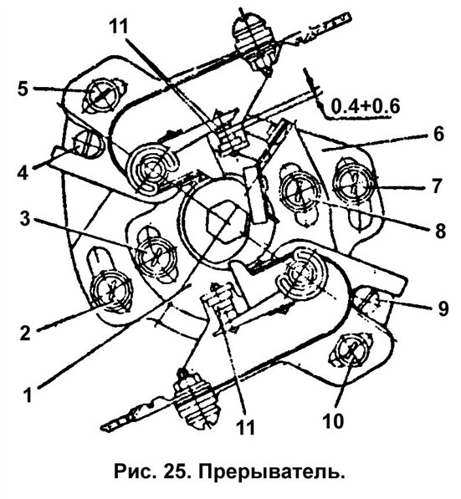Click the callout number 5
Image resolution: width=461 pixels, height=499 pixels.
pyautogui.click(x=23, y=89)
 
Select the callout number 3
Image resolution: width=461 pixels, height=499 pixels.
pyautogui.click(x=25, y=219)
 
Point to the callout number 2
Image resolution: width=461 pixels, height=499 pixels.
pyautogui.click(x=25, y=333)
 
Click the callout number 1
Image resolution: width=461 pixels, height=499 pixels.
pyautogui.click(x=28, y=395)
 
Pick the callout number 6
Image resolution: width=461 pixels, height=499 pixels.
pyautogui.click(x=438, y=134)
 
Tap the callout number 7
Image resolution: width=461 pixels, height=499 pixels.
pyautogui.click(x=438, y=186)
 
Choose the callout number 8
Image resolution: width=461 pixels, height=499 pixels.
pyautogui.click(x=440, y=231)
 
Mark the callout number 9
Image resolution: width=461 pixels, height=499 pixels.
pyautogui.click(x=443, y=308)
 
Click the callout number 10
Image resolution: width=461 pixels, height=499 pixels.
pyautogui.click(x=333, y=421)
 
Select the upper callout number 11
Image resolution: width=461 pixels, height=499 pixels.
pyautogui.click(x=119, y=26)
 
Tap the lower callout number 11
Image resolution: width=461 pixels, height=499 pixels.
pyautogui.click(x=246, y=427)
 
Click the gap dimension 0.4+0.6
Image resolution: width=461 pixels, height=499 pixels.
pyautogui.click(x=365, y=106)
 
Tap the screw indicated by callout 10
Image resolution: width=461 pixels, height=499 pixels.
pyautogui.click(x=350, y=350)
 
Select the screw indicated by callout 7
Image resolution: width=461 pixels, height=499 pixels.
pyautogui.click(x=353, y=184)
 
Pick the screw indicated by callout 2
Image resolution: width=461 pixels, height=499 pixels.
pyautogui.click(x=111, y=291)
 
